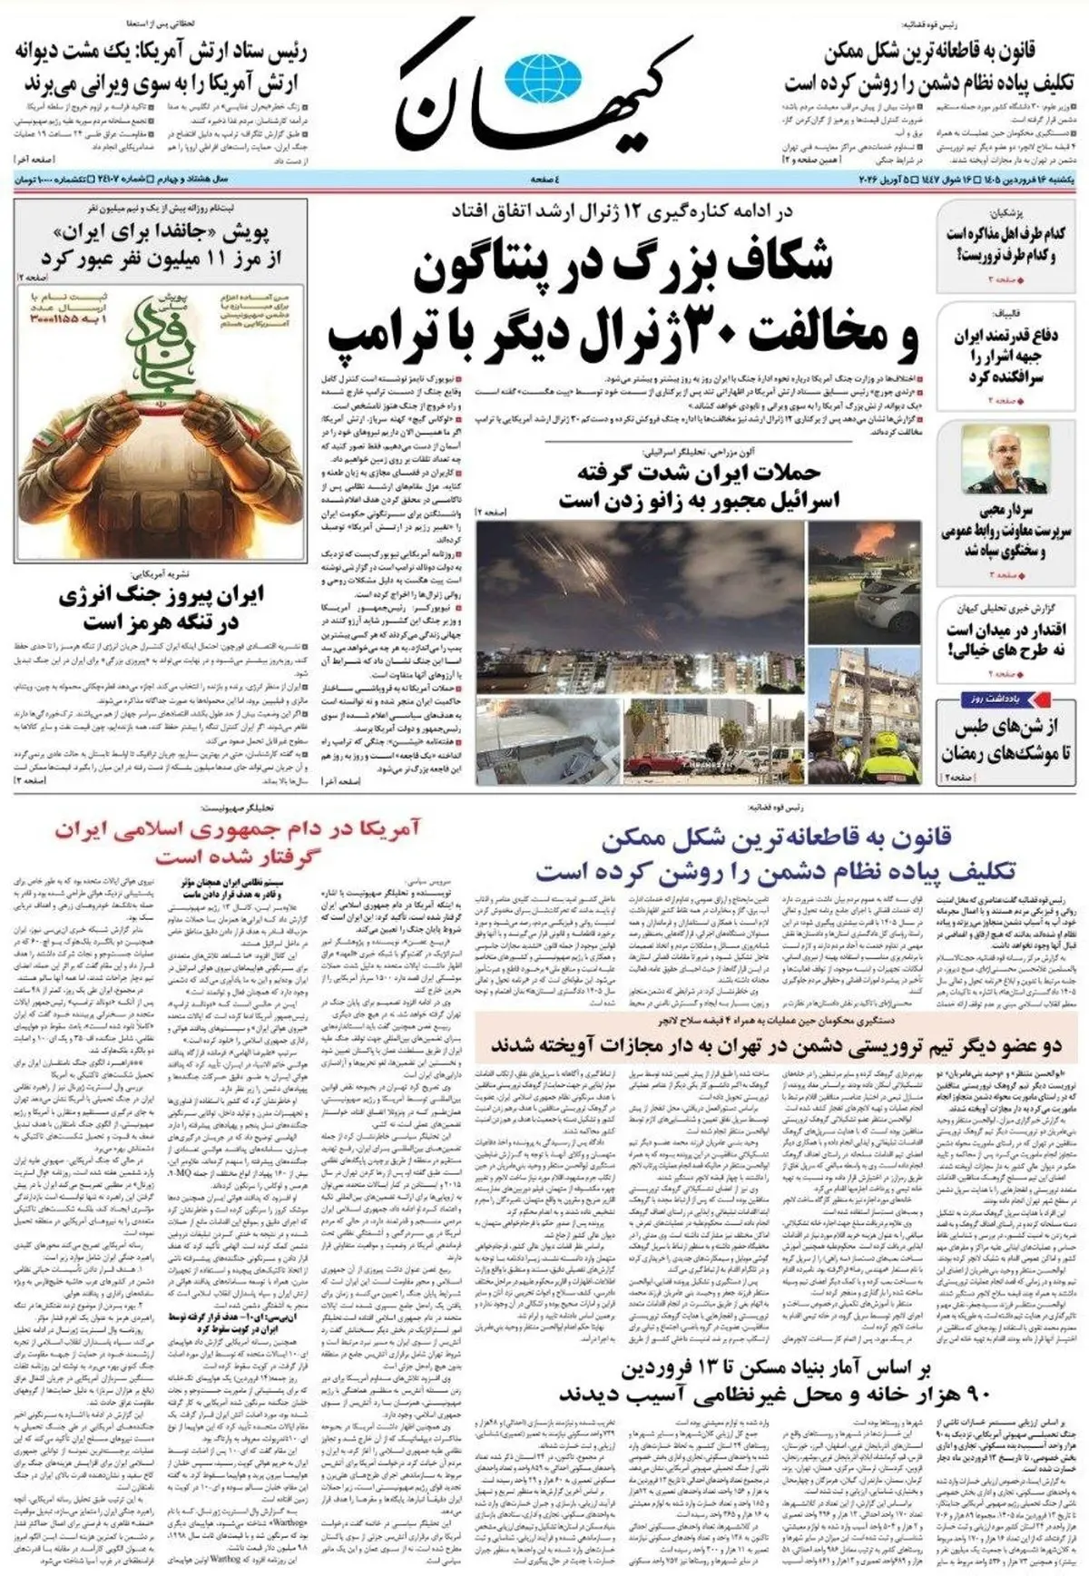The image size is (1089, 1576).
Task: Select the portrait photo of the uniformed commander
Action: click(x=1005, y=459)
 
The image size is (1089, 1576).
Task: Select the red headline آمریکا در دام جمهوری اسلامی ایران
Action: click(x=237, y=841)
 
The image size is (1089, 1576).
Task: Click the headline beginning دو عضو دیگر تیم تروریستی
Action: click(x=776, y=1046)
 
